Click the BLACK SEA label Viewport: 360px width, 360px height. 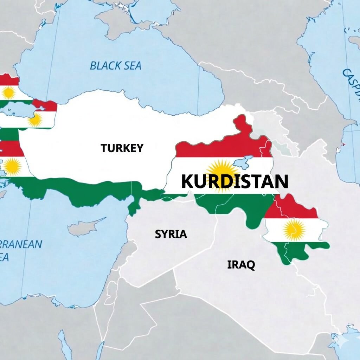pyautogui.click(x=115, y=65)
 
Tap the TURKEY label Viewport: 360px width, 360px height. pyautogui.click(x=122, y=148)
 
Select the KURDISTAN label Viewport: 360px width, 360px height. pyautogui.click(x=234, y=181)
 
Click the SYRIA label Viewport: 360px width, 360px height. pyautogui.click(x=171, y=234)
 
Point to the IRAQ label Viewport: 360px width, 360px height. pyautogui.click(x=241, y=264)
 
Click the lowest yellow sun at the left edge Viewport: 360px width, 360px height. pyautogui.click(x=12, y=167)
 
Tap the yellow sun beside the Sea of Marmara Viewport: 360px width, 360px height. pyautogui.click(x=35, y=120)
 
